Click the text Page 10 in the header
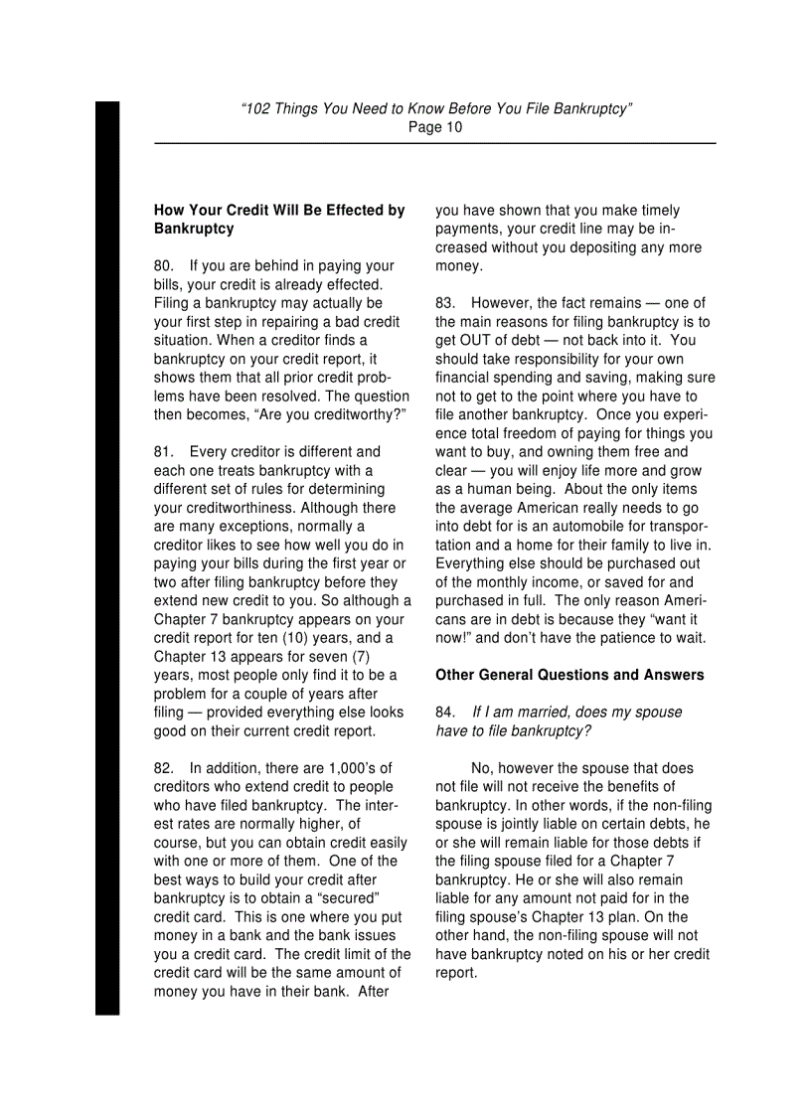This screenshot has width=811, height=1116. [x=435, y=127]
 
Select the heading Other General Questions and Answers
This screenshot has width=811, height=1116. [x=569, y=676]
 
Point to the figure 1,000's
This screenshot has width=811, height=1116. [x=350, y=768]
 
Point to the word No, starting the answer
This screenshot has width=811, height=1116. [x=483, y=768]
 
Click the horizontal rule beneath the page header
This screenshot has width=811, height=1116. [x=434, y=144]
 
